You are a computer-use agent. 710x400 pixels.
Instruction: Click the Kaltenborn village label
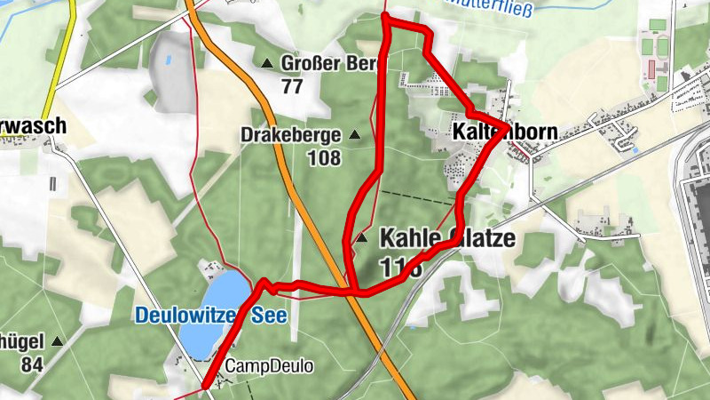point(504,132)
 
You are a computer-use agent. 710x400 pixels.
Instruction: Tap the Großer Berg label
point(329,63)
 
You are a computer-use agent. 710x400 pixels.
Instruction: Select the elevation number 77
point(292,86)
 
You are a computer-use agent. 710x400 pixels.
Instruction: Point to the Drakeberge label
point(290,135)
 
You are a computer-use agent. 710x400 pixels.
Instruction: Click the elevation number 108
point(324,158)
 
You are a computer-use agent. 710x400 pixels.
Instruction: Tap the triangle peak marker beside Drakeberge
point(355,135)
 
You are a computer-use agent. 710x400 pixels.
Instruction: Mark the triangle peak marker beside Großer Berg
point(267,63)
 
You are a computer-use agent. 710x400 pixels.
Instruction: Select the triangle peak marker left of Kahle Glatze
point(361,238)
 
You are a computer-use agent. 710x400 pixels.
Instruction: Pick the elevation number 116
point(398,265)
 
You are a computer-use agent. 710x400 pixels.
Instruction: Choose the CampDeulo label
point(270,365)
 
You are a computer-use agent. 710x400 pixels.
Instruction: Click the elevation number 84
point(33,364)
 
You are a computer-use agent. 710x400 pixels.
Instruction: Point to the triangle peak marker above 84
point(58,341)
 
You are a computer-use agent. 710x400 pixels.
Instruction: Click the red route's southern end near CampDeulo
point(206,385)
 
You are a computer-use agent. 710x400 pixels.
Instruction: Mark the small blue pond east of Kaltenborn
point(635,149)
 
